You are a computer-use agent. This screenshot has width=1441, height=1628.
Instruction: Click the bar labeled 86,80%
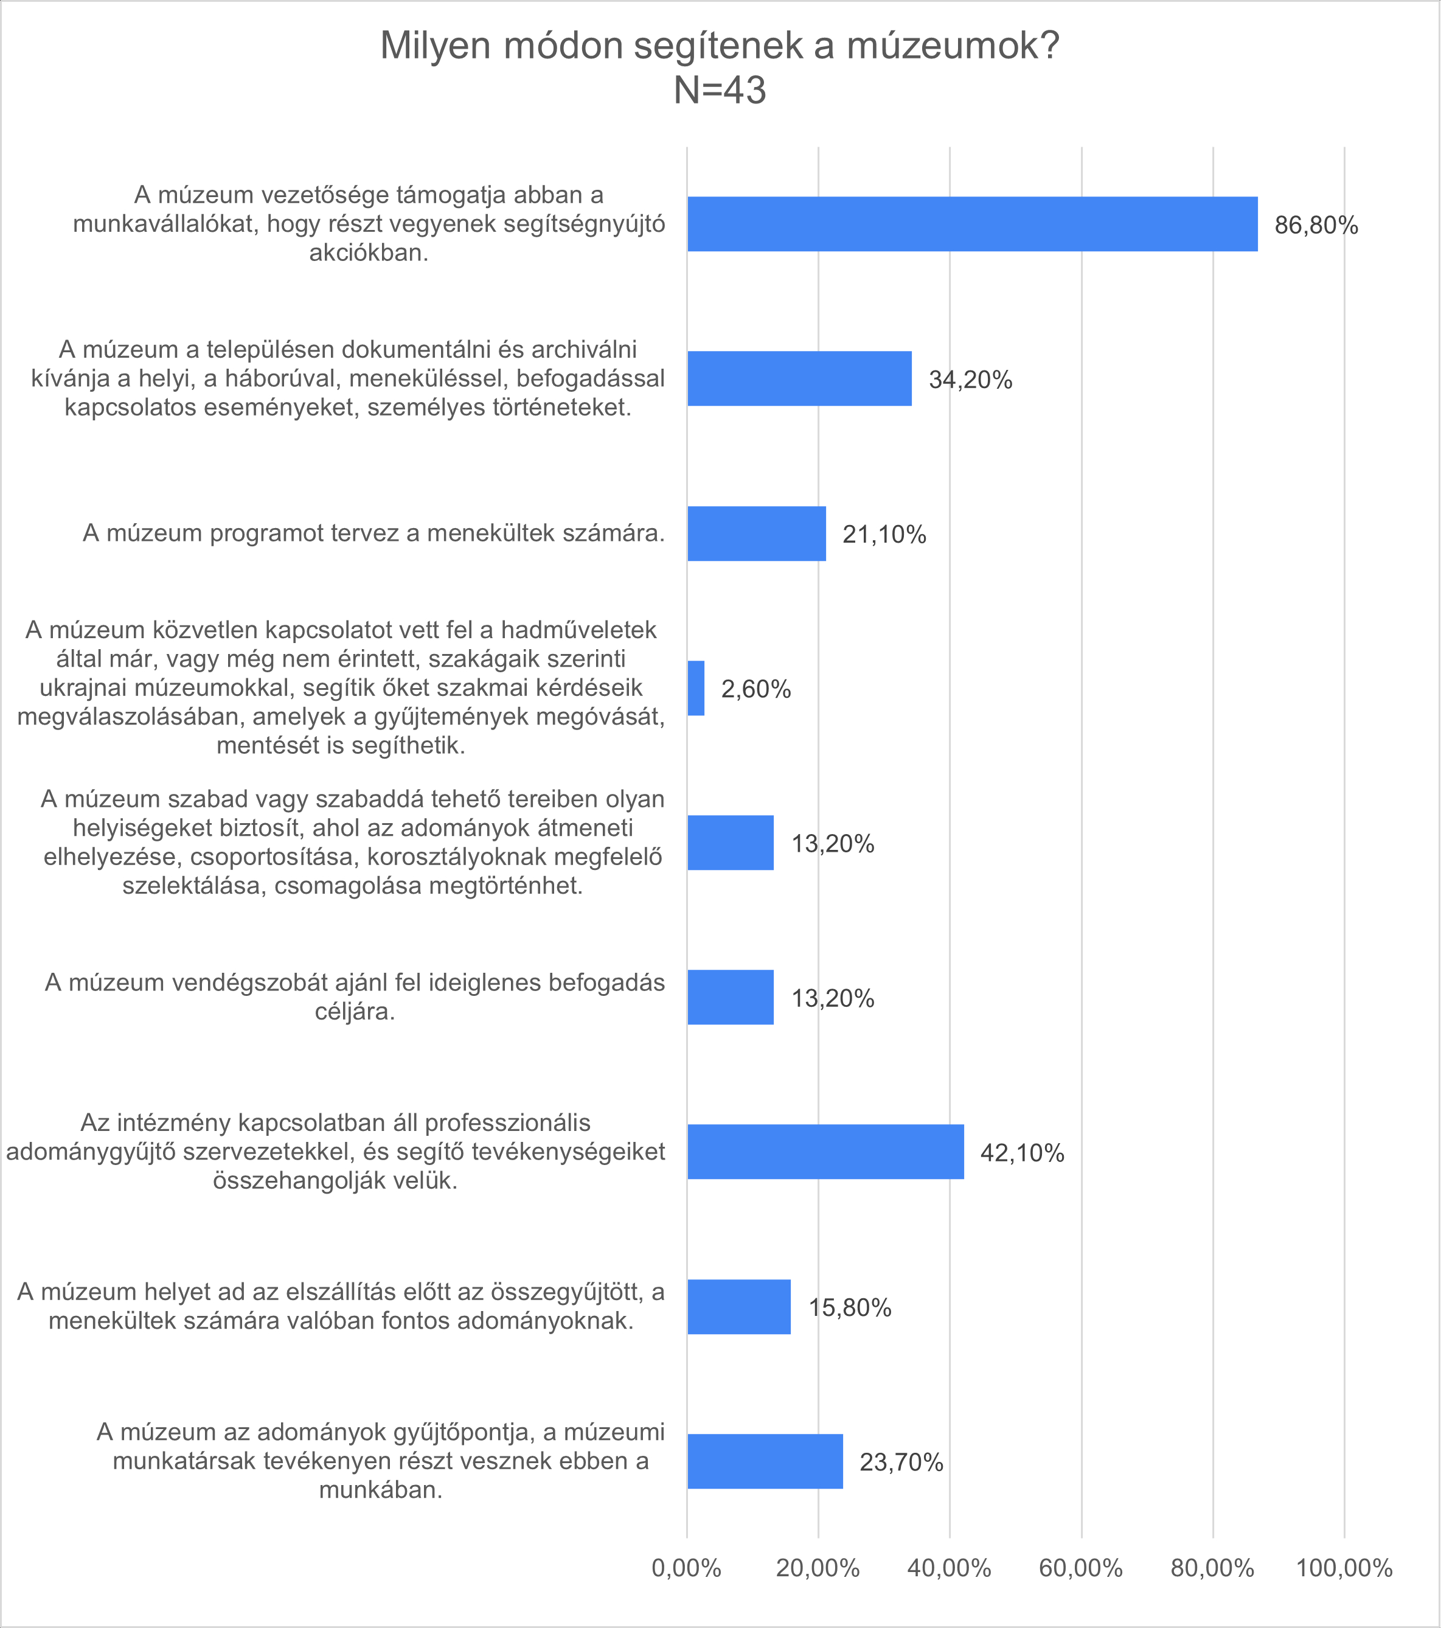[972, 224]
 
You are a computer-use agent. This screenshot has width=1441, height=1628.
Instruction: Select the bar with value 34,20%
[799, 378]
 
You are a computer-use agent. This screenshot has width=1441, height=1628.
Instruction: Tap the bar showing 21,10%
[756, 534]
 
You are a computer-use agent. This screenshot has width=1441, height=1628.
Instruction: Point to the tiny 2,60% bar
[696, 688]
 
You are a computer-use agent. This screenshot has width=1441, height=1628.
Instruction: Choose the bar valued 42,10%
[825, 1152]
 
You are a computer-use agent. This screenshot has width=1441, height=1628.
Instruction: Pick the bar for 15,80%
[739, 1307]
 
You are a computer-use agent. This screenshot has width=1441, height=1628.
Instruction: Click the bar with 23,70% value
[765, 1461]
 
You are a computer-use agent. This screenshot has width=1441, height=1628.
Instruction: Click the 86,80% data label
[1316, 226]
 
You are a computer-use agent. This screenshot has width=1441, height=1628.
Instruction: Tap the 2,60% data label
[755, 689]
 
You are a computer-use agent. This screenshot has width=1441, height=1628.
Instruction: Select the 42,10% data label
[1023, 1153]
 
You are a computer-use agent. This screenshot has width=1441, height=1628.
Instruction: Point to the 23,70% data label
[901, 1463]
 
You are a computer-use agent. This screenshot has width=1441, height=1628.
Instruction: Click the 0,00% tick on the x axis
[686, 1568]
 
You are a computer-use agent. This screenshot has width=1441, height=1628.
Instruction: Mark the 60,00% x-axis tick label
[1080, 1568]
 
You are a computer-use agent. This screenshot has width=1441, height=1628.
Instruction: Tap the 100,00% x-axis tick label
[1344, 1568]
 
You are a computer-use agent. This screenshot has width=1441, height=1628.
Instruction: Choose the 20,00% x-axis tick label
[818, 1568]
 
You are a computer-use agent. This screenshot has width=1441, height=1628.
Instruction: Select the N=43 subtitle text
[720, 91]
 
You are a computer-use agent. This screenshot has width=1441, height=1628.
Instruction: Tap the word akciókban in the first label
[369, 252]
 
